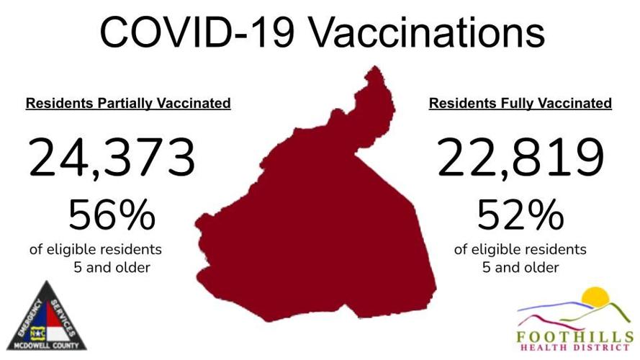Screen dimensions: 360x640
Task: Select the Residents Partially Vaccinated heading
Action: point(128,104)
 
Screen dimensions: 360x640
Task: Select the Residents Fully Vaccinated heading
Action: point(520,104)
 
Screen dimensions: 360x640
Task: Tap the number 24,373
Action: point(112,159)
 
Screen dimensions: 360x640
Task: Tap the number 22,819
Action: point(520,159)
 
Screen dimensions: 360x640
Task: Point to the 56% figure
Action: point(112,215)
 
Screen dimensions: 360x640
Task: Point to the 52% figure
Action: point(520,215)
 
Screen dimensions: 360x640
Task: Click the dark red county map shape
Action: point(317,223)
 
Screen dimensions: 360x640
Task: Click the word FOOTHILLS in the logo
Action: point(574,336)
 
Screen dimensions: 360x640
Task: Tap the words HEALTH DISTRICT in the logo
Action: point(574,349)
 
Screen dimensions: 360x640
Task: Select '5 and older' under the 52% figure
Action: point(520,268)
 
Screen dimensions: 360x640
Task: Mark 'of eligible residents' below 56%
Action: point(96,250)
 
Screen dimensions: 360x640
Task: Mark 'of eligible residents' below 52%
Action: point(520,250)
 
